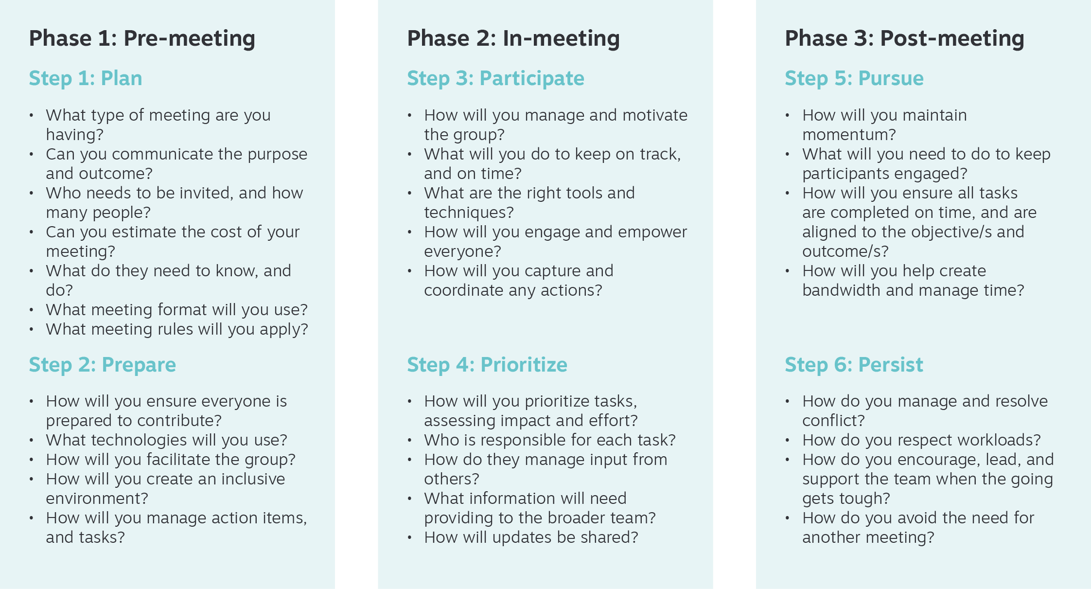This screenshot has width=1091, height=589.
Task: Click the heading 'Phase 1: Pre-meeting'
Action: tap(142, 38)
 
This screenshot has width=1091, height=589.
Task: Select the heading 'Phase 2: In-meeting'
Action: tap(513, 38)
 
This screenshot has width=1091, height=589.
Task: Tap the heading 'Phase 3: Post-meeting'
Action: tap(905, 38)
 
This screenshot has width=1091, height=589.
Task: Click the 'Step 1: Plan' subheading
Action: tap(86, 78)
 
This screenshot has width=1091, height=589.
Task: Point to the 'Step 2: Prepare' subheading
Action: tap(103, 365)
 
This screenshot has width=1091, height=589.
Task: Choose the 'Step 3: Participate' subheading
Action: tap(496, 79)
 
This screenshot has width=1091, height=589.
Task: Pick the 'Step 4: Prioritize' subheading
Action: tap(487, 365)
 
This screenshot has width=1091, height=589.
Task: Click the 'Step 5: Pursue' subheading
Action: tap(854, 78)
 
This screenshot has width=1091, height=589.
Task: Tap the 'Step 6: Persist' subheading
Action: tap(854, 365)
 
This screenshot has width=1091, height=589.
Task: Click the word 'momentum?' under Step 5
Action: tap(849, 135)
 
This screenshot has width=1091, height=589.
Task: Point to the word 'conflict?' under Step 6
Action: tap(833, 421)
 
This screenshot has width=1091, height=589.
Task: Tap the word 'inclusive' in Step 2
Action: tap(253, 479)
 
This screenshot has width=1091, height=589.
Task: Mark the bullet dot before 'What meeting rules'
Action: tap(32, 330)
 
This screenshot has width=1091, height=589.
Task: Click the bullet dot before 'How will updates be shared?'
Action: tap(410, 538)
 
